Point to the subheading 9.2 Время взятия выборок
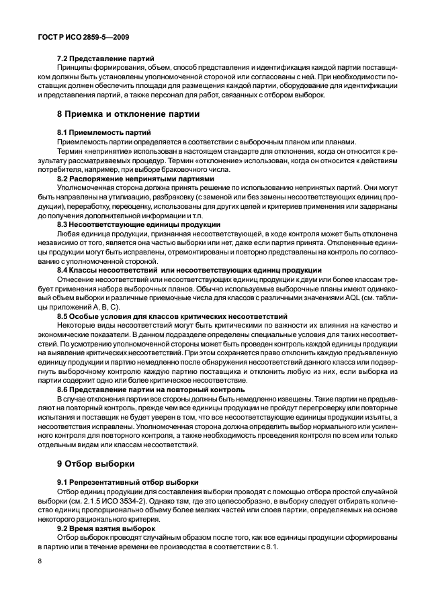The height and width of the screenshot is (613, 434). pos(107,528)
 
